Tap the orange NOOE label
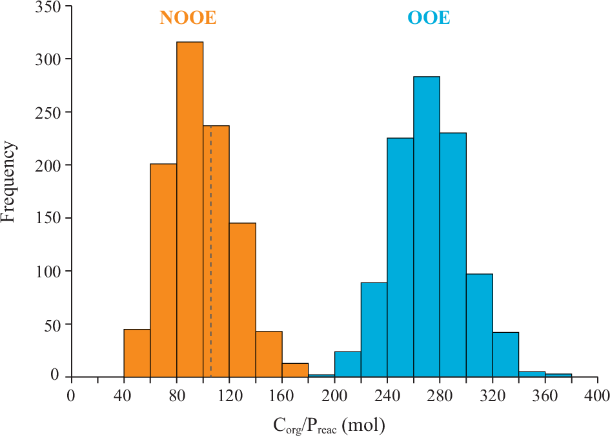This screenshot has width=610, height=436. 188,19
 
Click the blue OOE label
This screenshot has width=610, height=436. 429,19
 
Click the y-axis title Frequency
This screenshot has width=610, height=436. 8,183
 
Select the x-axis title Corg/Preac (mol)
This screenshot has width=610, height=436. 330,426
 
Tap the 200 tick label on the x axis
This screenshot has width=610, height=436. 334,395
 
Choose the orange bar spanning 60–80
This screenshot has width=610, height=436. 163,270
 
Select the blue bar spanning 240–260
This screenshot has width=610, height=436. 400,257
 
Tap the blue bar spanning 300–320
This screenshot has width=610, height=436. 479,325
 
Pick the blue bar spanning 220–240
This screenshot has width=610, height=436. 374,330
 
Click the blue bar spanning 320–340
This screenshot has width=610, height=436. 505,354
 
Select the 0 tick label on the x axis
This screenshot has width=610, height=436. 71,395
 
